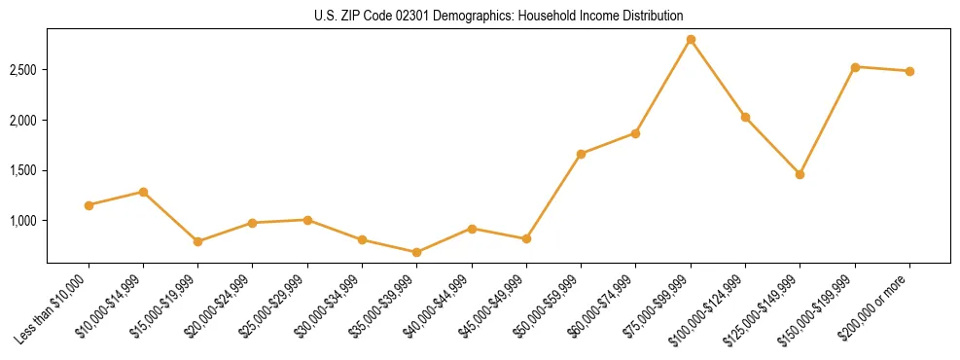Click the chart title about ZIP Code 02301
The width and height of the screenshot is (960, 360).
tap(498, 16)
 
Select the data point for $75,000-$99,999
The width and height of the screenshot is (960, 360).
tap(691, 40)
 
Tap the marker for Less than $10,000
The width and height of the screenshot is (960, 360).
tap(89, 205)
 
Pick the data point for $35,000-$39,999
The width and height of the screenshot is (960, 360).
tap(416, 252)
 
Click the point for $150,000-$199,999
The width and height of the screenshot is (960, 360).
tap(855, 67)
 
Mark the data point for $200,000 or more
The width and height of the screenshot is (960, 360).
tap(909, 71)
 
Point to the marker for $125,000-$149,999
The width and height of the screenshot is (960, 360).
tap(800, 174)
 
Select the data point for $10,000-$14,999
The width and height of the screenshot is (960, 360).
tap(143, 192)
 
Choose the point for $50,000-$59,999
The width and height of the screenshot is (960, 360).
tap(581, 154)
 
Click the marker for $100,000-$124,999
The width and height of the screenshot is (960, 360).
tap(745, 117)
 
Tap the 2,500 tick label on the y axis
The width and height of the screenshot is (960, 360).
tap(23, 70)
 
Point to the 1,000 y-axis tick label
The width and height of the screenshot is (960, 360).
tap(23, 221)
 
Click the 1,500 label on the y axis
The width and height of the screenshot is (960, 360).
tap(23, 170)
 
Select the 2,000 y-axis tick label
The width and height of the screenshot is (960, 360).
tap(23, 121)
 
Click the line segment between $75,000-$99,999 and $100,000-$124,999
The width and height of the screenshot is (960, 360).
tap(718, 78)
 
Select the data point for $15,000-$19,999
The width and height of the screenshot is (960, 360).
tap(197, 241)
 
